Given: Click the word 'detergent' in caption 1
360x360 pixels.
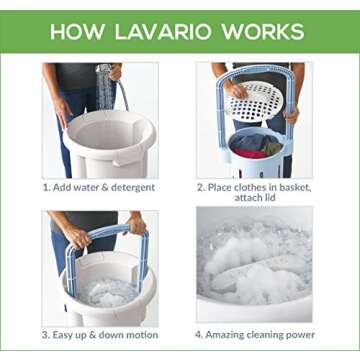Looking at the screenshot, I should [x=133, y=187].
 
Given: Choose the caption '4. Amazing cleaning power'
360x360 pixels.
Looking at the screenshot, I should [x=256, y=333].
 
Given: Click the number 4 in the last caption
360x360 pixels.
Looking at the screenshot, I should [x=200, y=333].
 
